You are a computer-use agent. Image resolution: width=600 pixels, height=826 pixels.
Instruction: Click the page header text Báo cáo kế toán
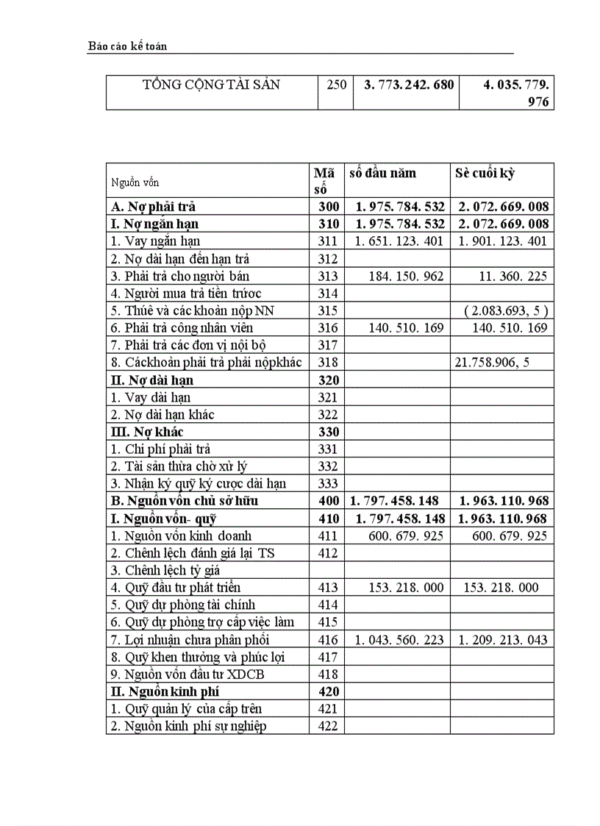127,46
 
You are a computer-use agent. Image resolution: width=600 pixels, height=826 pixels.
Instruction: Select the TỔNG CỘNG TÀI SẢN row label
212,85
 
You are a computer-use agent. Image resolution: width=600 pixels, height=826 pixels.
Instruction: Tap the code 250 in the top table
336,85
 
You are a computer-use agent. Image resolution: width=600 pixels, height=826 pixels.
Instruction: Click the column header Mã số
324,181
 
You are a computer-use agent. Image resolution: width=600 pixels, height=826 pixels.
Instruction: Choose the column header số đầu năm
382,174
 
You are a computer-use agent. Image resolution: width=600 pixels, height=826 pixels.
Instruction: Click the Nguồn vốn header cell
135,182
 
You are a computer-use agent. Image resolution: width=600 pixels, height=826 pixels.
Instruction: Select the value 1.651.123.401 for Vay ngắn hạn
399,241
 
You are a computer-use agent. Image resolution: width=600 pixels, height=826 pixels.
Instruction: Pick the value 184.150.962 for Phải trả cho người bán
407,277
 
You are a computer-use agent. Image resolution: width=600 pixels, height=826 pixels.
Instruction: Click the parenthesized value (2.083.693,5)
506,311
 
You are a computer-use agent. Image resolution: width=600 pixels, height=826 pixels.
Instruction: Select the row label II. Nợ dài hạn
151,380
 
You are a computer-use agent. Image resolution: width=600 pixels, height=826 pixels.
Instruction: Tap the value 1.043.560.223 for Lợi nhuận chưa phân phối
399,640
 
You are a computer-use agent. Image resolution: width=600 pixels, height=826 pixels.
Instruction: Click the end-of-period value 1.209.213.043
503,640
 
